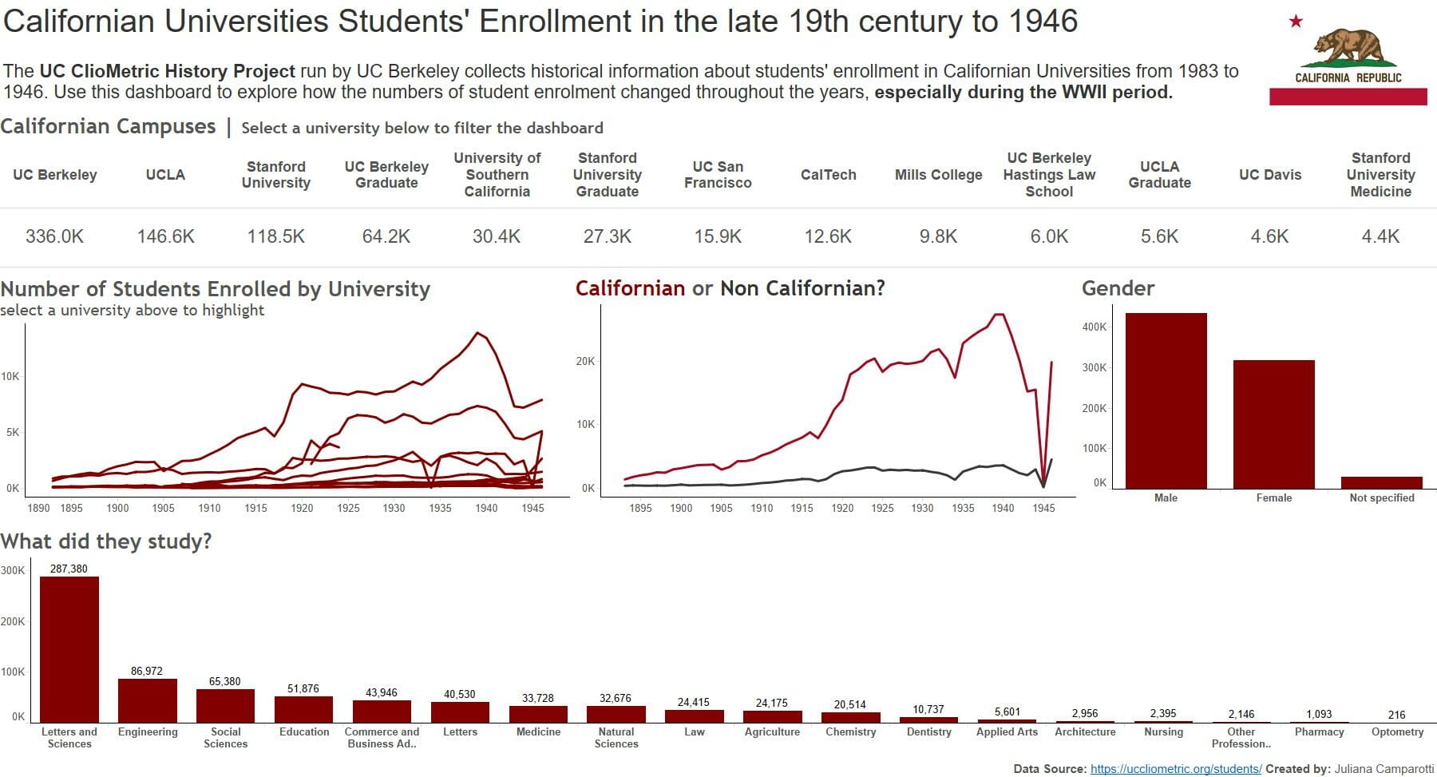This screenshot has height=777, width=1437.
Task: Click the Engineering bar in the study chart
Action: (147, 701)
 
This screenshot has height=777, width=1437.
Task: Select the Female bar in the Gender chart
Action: (1273, 425)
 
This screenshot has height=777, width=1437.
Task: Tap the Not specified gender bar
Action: (1381, 482)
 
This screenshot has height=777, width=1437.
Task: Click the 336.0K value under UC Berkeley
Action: (54, 236)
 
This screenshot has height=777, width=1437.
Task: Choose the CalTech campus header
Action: (828, 175)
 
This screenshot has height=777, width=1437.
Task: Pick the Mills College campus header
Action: (938, 175)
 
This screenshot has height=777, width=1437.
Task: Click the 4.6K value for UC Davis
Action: (1269, 236)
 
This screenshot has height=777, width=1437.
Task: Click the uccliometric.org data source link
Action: (1175, 769)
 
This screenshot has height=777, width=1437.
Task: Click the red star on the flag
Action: (1296, 22)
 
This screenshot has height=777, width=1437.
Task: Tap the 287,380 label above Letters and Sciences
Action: (69, 569)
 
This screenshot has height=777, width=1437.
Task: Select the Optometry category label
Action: (1397, 731)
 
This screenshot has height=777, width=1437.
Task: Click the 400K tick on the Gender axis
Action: (1095, 327)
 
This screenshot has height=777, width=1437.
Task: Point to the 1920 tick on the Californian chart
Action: (842, 508)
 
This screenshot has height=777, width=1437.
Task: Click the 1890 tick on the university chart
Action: (38, 508)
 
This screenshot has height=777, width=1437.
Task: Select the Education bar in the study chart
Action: (303, 709)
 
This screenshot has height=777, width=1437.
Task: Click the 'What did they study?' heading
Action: (106, 541)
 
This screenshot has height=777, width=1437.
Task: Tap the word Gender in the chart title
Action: (1118, 288)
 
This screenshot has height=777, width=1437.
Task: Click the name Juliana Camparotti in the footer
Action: (1384, 769)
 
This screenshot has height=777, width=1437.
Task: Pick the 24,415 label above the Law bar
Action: (693, 702)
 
